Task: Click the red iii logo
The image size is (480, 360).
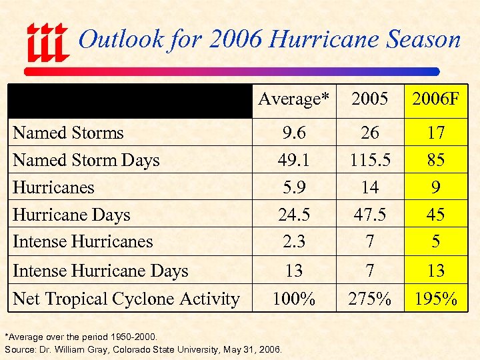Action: pos(47,41)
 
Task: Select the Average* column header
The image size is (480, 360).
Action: pos(293,99)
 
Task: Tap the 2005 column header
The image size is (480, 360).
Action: pos(369,99)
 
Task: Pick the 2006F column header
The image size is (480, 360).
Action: pos(435,99)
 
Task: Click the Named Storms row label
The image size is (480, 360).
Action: pos(68,133)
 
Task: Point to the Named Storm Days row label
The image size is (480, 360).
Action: pos(86,160)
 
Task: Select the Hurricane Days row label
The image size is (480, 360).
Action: pos(71,215)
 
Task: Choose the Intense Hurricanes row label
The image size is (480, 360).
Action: pos(83,241)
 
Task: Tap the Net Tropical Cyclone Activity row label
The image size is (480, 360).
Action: pos(126,299)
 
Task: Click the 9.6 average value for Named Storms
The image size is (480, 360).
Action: pos(293,133)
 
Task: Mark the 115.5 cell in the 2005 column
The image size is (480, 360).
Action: pos(369,160)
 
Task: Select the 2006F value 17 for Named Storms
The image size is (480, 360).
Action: pos(435,133)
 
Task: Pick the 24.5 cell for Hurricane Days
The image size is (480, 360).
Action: pos(293,215)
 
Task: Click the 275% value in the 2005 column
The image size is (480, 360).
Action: pos(369,299)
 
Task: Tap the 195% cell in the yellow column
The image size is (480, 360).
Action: pos(435,299)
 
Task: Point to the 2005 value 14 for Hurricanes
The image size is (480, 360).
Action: pos(369,187)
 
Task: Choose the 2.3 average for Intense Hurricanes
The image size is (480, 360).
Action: pos(293,241)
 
